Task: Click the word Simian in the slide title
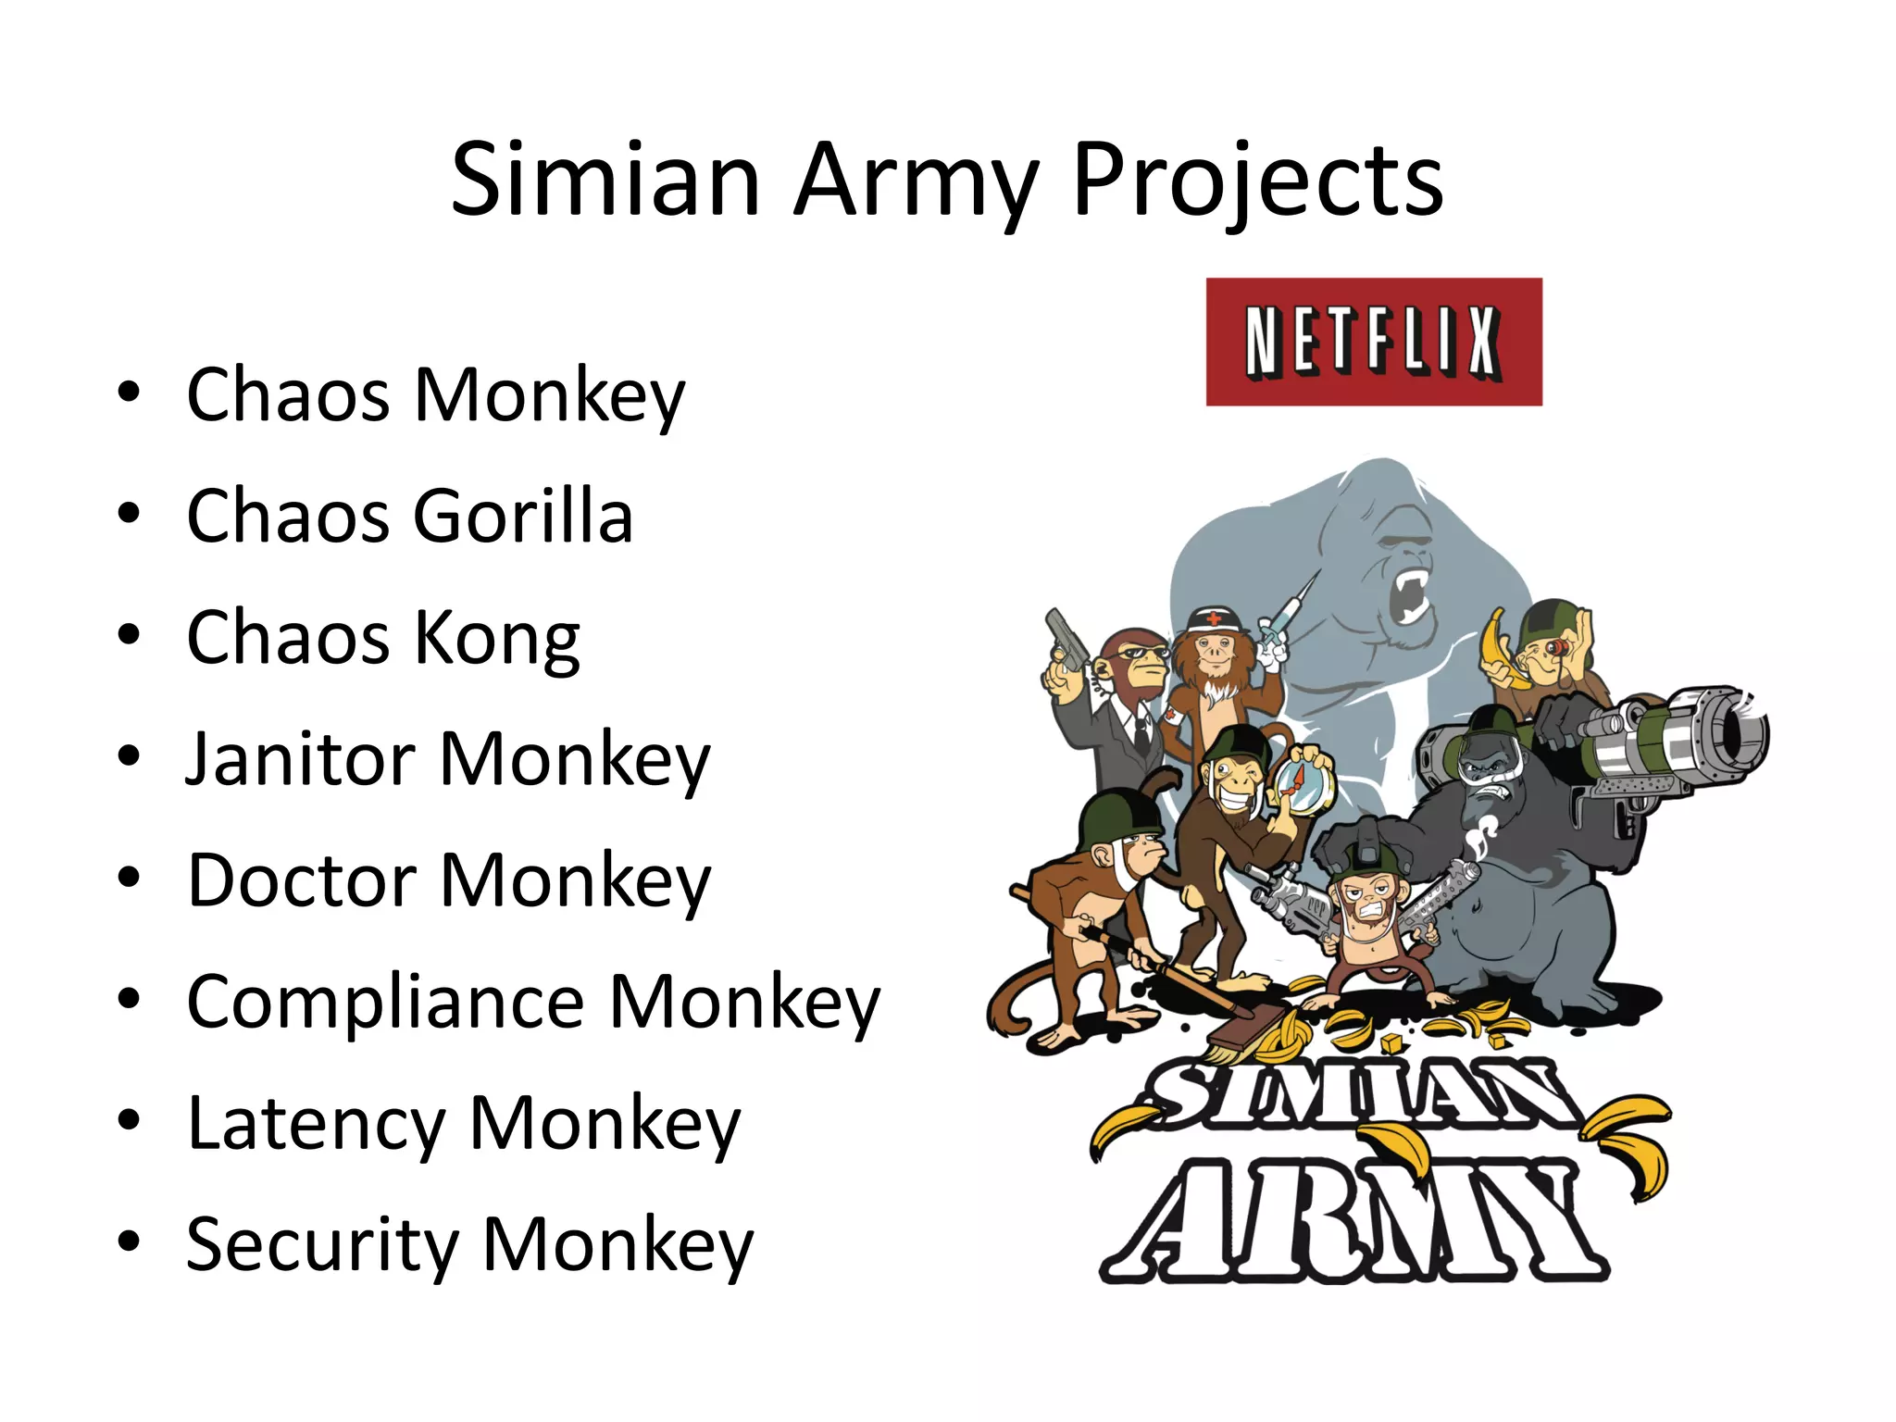(605, 180)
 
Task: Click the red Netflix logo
(1374, 342)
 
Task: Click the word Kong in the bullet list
(497, 639)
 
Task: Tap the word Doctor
(301, 880)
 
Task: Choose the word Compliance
(385, 1003)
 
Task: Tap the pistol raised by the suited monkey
(1065, 639)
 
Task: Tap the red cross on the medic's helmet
(1214, 618)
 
